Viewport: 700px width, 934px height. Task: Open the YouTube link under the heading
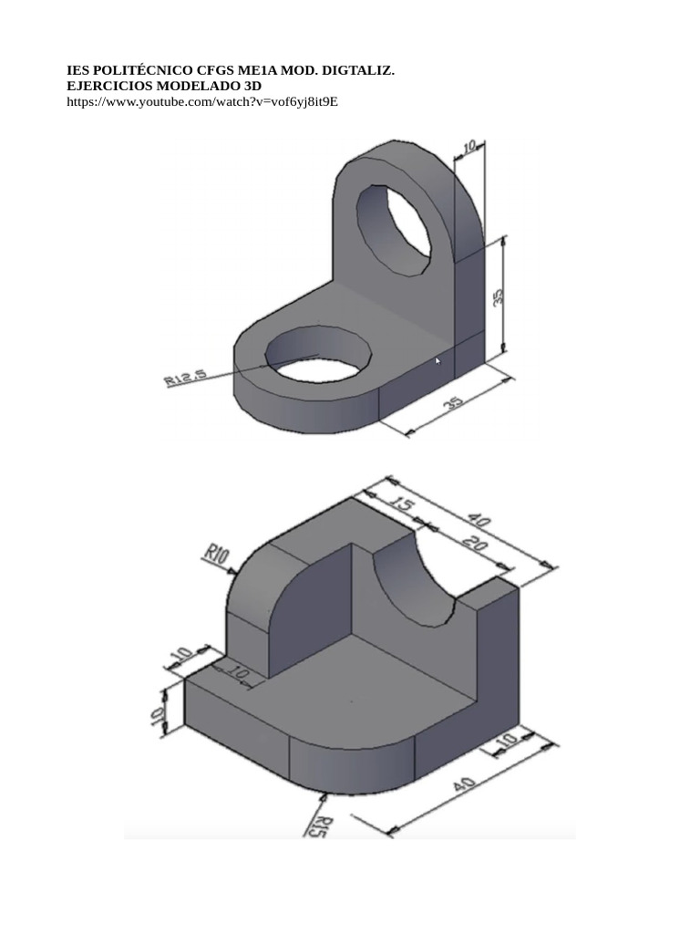[x=202, y=101]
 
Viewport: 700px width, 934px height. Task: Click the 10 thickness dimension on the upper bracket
[x=468, y=148]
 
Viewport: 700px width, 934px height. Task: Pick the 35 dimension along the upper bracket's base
[x=453, y=402]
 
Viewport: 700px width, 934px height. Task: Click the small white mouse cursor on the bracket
[x=438, y=362]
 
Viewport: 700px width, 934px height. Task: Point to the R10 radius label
[x=216, y=553]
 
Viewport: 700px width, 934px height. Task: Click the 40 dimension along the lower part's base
[x=464, y=787]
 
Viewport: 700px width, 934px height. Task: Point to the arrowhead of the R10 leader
[x=236, y=573]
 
